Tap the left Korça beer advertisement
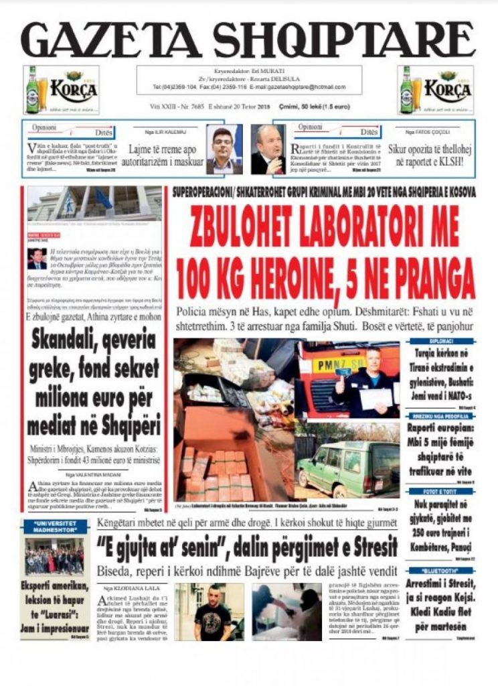click(61, 89)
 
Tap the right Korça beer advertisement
click(435, 89)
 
